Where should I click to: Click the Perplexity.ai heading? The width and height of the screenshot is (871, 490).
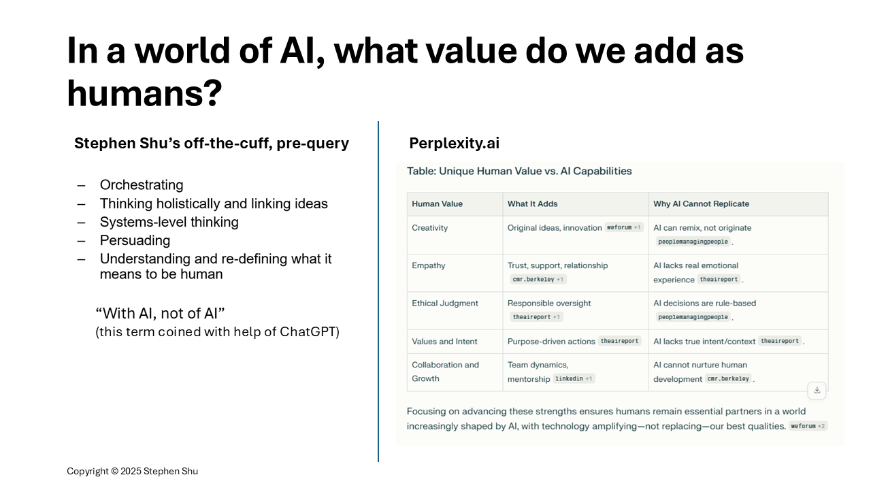pyautogui.click(x=454, y=143)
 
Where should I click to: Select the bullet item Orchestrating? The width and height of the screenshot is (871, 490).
pyautogui.click(x=142, y=184)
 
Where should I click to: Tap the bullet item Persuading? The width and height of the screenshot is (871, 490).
pyautogui.click(x=135, y=240)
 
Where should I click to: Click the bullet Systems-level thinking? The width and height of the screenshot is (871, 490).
pyautogui.click(x=169, y=222)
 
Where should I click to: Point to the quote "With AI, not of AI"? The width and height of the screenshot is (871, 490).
pyautogui.click(x=160, y=313)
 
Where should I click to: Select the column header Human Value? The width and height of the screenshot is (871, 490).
pyautogui.click(x=437, y=203)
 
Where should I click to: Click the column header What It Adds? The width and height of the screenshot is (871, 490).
pyautogui.click(x=532, y=203)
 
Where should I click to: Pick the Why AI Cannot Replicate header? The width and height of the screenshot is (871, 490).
pyautogui.click(x=701, y=203)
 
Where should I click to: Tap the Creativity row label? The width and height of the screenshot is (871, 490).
pyautogui.click(x=429, y=228)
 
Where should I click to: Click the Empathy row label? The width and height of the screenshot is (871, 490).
pyautogui.click(x=429, y=265)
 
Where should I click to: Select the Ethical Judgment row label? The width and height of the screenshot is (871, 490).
pyautogui.click(x=445, y=304)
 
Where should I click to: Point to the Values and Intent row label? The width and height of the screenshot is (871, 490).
pyautogui.click(x=444, y=342)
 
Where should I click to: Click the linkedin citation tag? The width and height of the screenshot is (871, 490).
pyautogui.click(x=573, y=378)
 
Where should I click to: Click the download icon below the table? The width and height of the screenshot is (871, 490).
pyautogui.click(x=817, y=390)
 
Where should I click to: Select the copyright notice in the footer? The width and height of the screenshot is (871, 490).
pyautogui.click(x=132, y=471)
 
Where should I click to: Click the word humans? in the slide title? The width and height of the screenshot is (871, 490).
pyautogui.click(x=144, y=93)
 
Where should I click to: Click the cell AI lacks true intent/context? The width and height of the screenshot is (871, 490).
pyautogui.click(x=704, y=342)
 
